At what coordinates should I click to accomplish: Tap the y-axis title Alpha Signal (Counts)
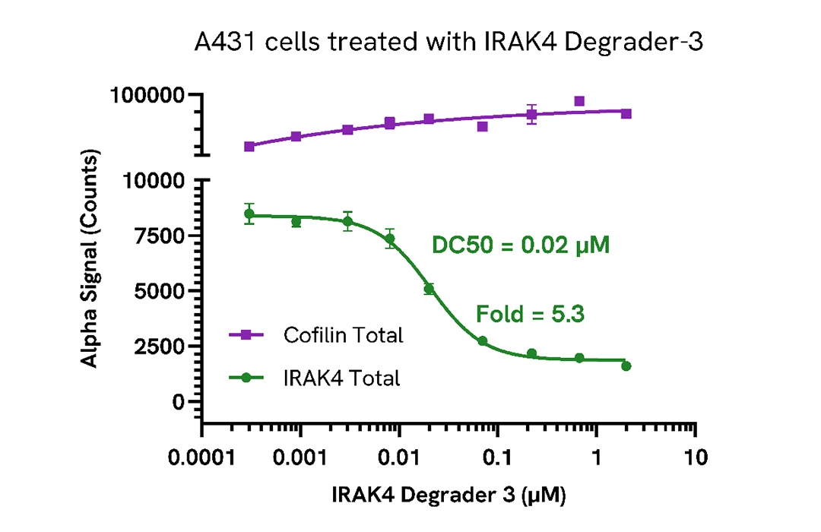[90, 259]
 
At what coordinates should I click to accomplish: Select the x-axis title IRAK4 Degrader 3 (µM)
[449, 496]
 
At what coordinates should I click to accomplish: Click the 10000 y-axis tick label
[155, 181]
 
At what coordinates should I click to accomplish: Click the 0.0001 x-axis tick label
[202, 458]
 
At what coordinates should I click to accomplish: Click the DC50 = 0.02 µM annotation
[521, 245]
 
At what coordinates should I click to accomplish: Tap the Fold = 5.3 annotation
[530, 314]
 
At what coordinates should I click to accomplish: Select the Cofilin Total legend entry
[342, 334]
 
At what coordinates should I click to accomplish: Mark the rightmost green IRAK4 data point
[626, 366]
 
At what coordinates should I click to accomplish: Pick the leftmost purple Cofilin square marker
[249, 146]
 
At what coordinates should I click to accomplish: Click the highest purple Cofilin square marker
[579, 101]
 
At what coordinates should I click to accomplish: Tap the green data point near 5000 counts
[429, 289]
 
